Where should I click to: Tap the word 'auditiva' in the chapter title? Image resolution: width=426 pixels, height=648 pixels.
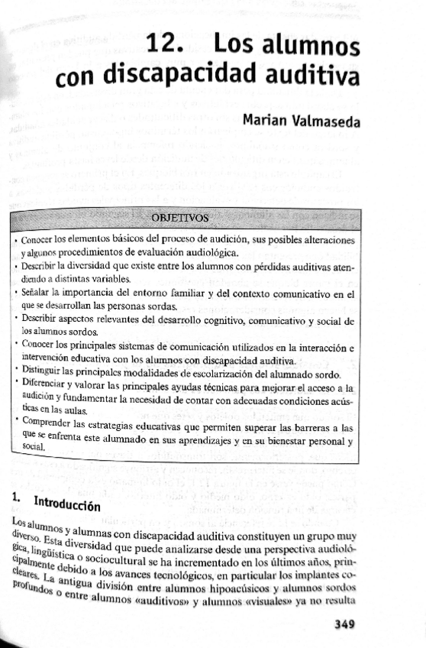coord(308,76)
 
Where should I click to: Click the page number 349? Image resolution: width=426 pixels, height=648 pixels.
coord(345,624)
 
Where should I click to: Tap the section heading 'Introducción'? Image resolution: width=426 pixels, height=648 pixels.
coord(66,504)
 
